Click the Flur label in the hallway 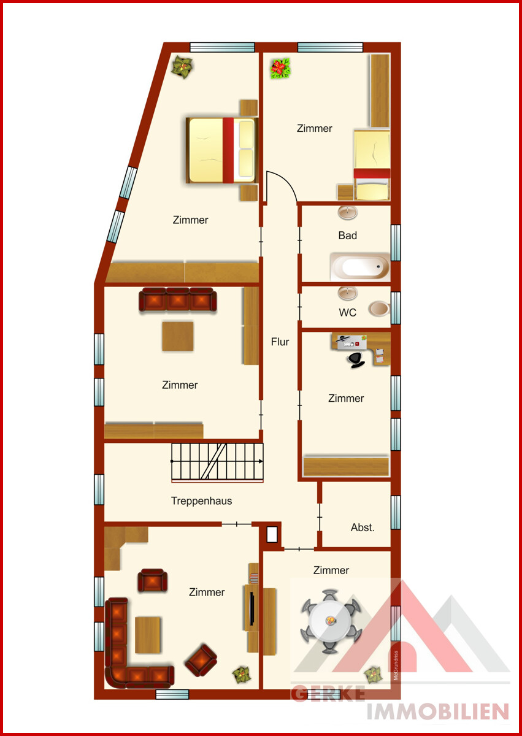tap(280, 342)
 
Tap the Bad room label tap(348, 236)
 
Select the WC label tap(348, 312)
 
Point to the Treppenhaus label tap(201, 501)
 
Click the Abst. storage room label tap(363, 527)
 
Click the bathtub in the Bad tap(360, 267)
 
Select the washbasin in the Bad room tap(348, 213)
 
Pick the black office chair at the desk tap(356, 360)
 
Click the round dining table tap(331, 621)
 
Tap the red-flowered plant tap(280, 68)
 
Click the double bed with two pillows tap(222, 150)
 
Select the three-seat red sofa tap(178, 299)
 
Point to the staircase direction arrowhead tap(261, 461)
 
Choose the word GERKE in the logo tap(328, 694)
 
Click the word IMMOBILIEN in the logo tap(438, 711)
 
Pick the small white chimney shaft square tap(271, 535)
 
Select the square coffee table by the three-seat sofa tap(178, 336)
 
